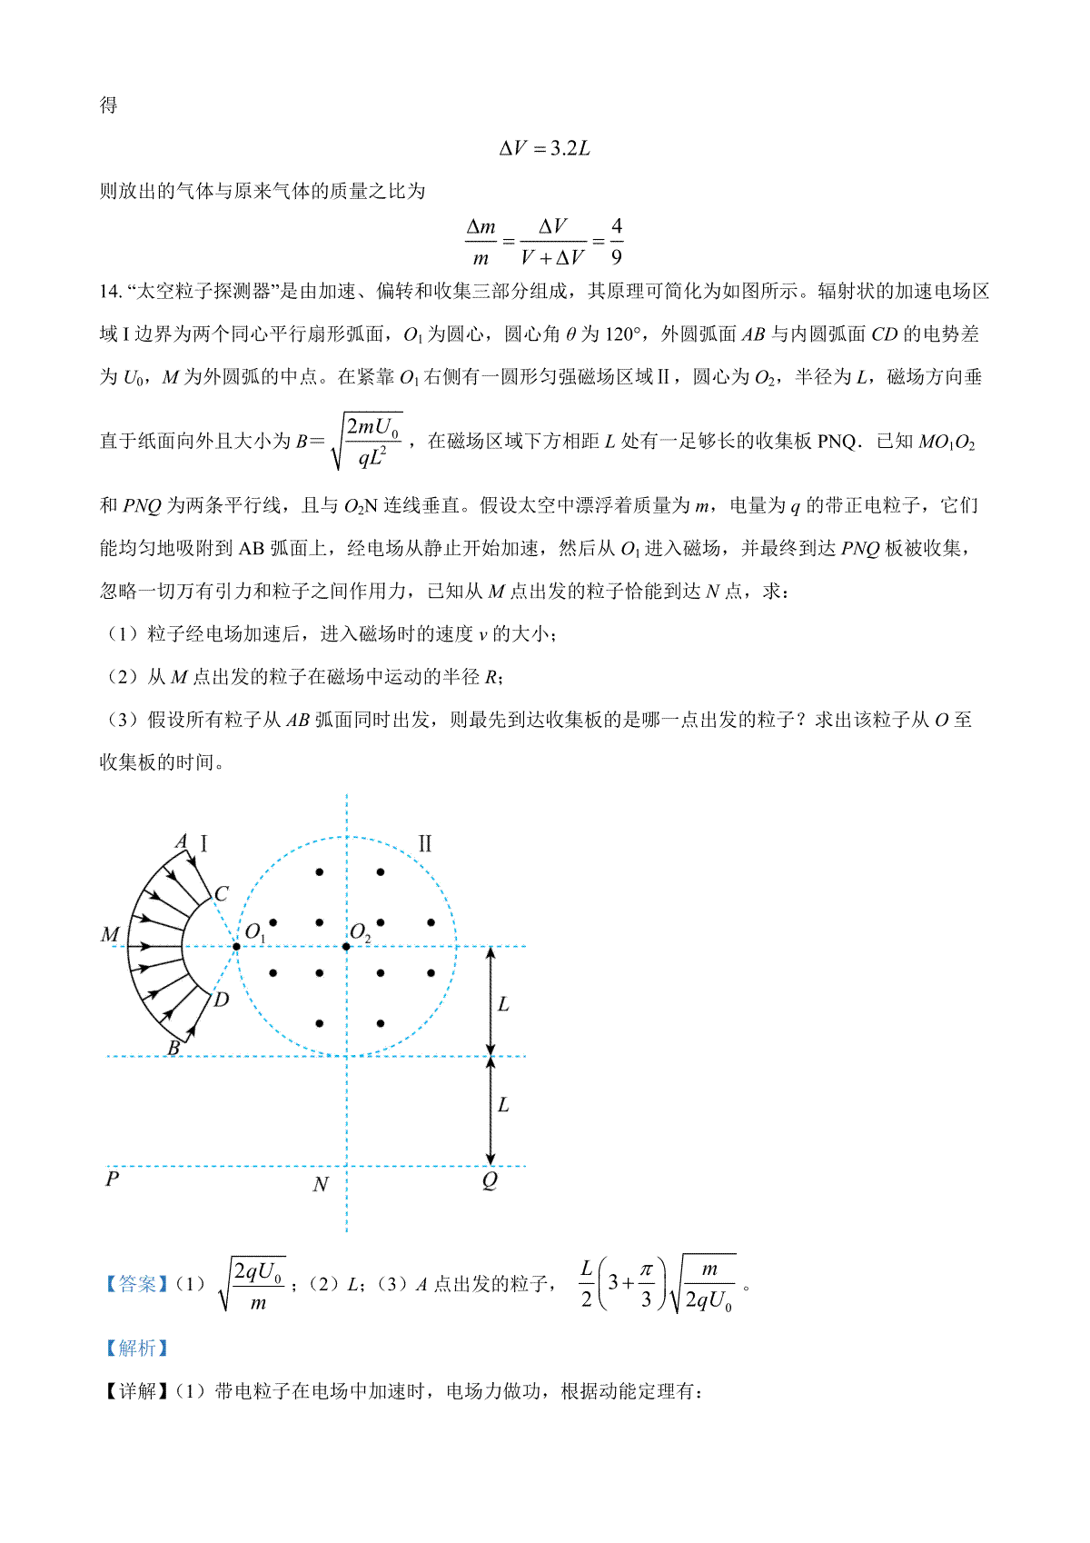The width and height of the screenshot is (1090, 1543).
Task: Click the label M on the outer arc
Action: coord(110,934)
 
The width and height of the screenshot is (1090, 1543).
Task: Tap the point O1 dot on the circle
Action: coord(236,947)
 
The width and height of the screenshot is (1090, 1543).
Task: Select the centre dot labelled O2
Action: coord(346,947)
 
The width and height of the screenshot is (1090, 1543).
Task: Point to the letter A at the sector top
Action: coord(181,841)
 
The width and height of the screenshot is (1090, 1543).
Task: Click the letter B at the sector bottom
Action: coord(173,1048)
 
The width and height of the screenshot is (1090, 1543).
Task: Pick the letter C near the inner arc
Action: coord(221,894)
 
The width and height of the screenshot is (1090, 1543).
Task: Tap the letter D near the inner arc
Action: coord(221,1000)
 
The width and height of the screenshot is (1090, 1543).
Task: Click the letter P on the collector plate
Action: coord(113,1180)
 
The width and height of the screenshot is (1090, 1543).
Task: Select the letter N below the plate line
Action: coord(320,1184)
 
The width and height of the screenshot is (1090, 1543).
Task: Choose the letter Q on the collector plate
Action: coord(490,1180)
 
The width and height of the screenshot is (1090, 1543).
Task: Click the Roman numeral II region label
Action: coord(424,844)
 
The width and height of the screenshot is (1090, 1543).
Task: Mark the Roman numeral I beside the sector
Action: coord(203,844)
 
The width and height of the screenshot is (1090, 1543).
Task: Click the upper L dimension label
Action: coord(503,1004)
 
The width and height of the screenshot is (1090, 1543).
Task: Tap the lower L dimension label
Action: coord(503,1105)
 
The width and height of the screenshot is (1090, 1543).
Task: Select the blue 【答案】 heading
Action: coord(136,1284)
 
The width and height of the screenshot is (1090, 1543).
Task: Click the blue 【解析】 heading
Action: coord(136,1348)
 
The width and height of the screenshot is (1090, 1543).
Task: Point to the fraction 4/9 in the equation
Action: coord(617,242)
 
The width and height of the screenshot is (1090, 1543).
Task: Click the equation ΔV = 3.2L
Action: coord(545,148)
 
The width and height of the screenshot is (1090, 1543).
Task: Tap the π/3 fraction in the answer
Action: coord(646,1283)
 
